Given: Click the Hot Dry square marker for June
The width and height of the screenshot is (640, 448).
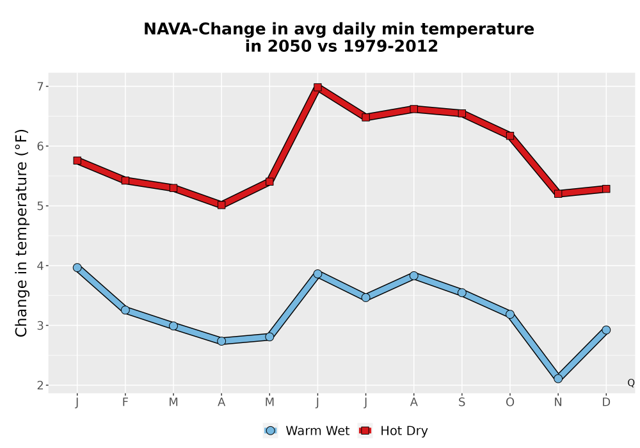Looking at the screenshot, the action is (317, 87).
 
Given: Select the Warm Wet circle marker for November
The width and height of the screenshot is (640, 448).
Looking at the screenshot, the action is (558, 379).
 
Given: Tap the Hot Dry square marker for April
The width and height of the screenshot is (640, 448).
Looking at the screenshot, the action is (221, 205).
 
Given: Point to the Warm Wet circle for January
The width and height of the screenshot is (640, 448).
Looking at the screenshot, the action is (77, 268).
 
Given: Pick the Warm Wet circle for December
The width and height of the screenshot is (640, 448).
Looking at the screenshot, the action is (606, 330).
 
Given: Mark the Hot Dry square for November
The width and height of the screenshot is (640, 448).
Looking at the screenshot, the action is (558, 194).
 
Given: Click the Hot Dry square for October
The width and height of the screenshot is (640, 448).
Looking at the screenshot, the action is (510, 136).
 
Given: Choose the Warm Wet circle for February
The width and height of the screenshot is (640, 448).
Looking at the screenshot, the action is (125, 310).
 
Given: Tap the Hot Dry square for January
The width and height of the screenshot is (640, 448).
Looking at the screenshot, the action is (77, 161).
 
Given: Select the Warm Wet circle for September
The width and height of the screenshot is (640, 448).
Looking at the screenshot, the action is (461, 292).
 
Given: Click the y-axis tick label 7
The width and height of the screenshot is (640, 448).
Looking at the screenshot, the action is (40, 86).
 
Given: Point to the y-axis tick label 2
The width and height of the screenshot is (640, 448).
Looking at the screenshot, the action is (40, 385).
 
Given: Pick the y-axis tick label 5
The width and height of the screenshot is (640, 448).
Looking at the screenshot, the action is (40, 206).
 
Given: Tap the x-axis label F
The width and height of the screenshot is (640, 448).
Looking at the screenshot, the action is (125, 403).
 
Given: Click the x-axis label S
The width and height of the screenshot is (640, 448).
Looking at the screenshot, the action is (461, 403).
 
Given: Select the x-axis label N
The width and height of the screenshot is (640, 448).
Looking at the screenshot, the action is (558, 403).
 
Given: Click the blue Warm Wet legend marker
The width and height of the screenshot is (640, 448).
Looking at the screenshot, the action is (270, 431).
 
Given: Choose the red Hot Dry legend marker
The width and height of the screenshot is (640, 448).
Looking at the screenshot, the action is (365, 431).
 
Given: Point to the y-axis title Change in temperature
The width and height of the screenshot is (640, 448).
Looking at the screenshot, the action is (21, 233).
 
